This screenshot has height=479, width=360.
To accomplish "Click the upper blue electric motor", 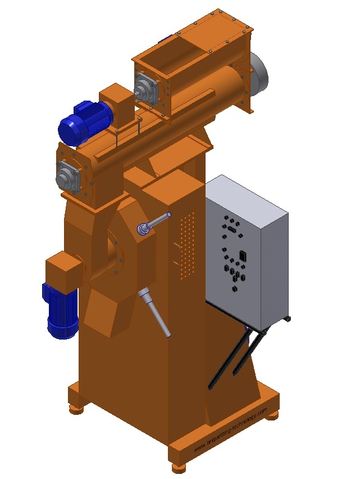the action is pos(85,122).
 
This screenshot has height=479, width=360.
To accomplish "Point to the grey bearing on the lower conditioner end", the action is pos(68,177).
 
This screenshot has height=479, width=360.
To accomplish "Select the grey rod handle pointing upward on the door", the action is pos(154,223).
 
